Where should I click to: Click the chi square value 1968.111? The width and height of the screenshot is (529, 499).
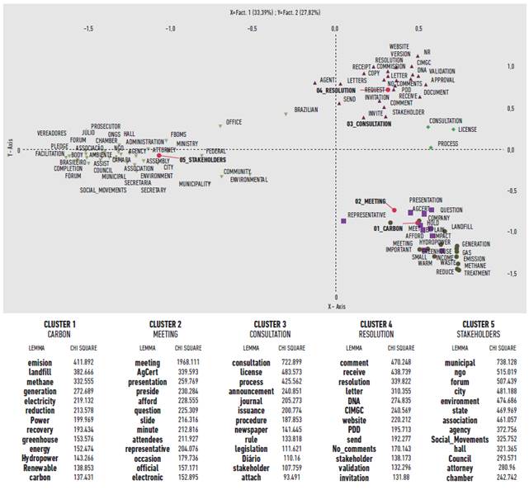coord(191,363)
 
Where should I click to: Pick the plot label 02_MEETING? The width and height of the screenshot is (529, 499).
coord(371,200)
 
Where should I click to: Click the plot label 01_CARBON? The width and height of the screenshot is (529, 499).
coord(387,228)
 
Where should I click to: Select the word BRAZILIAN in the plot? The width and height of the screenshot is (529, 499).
coord(307,109)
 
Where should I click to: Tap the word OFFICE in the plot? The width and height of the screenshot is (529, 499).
coord(234,122)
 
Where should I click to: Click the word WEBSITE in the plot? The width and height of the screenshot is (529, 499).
coord(399,46)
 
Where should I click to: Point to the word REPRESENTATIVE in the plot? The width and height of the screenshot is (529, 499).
coord(367,214)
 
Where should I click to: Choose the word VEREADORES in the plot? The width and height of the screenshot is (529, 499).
coord(52,133)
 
